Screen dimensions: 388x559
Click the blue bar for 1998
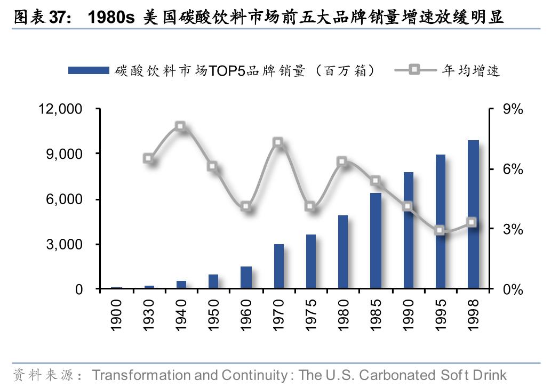point(473,214)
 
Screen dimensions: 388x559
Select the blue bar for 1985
point(376,241)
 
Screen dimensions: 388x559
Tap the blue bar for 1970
point(278,266)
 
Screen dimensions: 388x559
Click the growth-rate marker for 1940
point(180,126)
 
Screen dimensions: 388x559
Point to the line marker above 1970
point(278,142)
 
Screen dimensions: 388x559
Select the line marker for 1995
point(440,230)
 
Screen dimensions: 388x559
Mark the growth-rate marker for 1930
point(148,158)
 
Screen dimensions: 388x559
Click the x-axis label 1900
point(116,315)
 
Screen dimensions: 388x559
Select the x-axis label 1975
point(311,315)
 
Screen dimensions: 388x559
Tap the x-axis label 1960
point(246,315)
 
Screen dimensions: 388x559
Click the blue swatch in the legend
point(89,70)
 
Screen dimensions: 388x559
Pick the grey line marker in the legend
point(415,70)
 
